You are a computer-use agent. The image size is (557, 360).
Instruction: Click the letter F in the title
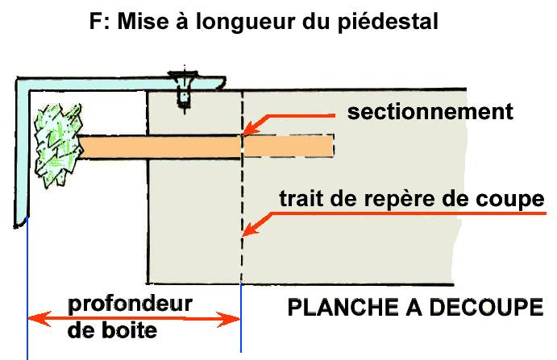tap(95, 23)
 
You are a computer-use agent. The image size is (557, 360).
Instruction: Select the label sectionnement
tap(430, 111)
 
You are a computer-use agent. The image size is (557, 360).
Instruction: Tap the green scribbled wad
tap(56, 145)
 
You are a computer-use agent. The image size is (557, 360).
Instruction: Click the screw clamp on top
tap(184, 87)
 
